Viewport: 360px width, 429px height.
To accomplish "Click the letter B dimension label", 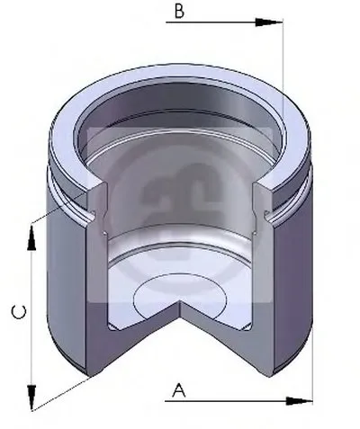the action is tap(179, 12).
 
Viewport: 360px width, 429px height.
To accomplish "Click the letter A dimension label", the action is tap(179, 389).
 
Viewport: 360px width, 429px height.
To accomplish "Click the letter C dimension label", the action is tap(19, 312).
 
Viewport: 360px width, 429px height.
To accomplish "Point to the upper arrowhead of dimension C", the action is tap(31, 237).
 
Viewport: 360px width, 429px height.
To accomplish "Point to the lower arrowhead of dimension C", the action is tap(31, 398).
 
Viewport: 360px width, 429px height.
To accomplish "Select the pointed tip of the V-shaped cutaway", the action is tap(180, 301).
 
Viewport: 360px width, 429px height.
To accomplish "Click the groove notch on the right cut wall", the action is tap(266, 215).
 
